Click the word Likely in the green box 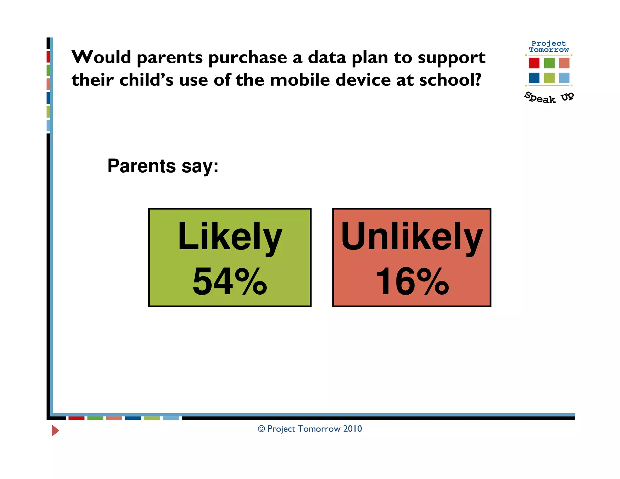(x=230, y=237)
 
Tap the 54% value (x=230, y=282)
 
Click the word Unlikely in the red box (x=411, y=237)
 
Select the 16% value (x=412, y=282)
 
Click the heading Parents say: (x=163, y=166)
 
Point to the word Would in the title (x=101, y=57)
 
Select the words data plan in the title (x=348, y=58)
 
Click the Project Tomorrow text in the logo (x=549, y=47)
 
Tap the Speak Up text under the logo (x=549, y=98)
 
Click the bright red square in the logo (x=534, y=63)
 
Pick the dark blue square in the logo (x=534, y=78)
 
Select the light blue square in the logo (x=564, y=78)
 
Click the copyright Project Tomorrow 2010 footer (x=310, y=429)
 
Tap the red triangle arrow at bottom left (x=55, y=430)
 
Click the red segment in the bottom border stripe (x=76, y=418)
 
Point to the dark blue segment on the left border (x=48, y=98)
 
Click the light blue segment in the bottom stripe (x=171, y=418)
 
